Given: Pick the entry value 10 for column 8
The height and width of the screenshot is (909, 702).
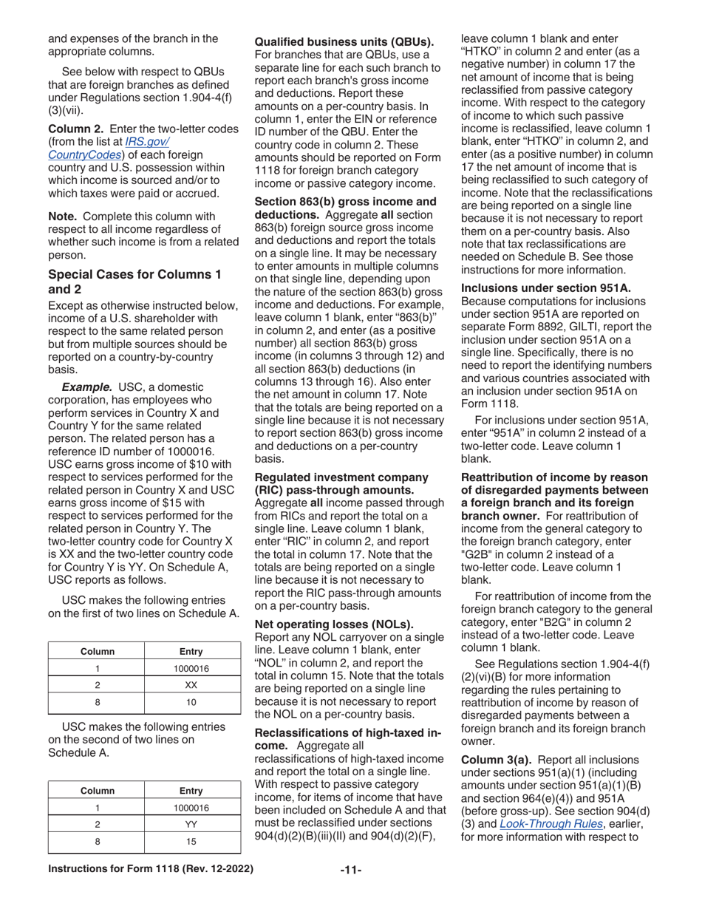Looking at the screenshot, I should [191, 702].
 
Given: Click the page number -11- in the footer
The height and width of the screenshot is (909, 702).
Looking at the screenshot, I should [350, 888].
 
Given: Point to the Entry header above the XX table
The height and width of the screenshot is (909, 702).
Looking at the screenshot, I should [191, 651].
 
